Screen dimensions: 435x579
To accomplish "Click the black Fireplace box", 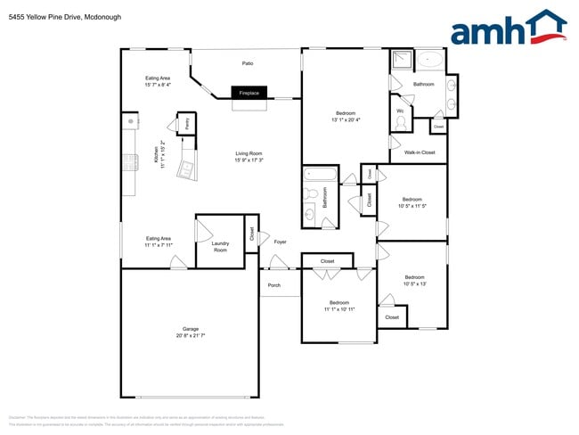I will tap(249, 93).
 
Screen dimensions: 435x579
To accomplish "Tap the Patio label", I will tap(249, 64).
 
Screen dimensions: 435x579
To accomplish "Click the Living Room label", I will tap(249, 153).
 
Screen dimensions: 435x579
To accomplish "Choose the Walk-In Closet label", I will tap(420, 152).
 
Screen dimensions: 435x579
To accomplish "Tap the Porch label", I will tap(274, 285).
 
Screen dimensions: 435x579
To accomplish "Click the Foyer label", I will tap(280, 242).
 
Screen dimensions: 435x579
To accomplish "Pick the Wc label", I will tap(400, 111).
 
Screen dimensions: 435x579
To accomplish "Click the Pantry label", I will tap(187, 124).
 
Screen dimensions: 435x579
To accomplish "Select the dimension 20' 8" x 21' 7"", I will tap(191, 335).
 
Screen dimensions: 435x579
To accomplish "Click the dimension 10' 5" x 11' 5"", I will tap(412, 206).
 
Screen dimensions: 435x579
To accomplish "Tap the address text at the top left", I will tap(53, 17).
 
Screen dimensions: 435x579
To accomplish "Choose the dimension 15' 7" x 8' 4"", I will tap(158, 86).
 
